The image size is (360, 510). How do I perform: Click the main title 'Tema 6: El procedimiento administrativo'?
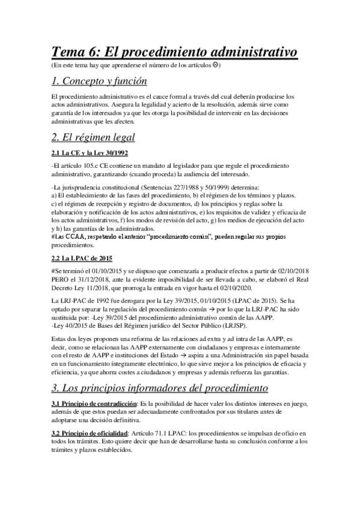coord(174,52)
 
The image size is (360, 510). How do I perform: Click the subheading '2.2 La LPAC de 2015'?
coord(82,258)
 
